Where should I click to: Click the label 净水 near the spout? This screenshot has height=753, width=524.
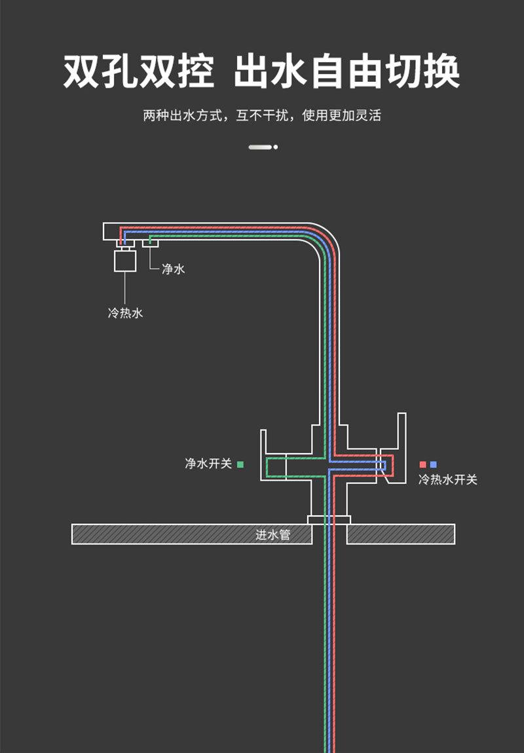[173, 269]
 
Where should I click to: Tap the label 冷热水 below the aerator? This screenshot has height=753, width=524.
[125, 313]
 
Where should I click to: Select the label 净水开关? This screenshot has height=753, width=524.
[208, 464]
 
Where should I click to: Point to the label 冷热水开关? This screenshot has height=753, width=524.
[448, 480]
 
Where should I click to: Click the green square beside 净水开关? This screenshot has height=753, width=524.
[240, 464]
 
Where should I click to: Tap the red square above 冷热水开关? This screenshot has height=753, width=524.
[422, 464]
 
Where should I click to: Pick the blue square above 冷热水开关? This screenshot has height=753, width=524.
[434, 464]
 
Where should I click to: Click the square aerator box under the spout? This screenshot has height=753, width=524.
[125, 260]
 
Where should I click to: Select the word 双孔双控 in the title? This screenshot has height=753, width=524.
[139, 72]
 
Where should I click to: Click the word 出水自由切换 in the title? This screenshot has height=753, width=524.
[346, 72]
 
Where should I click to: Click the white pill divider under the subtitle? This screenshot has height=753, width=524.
[260, 147]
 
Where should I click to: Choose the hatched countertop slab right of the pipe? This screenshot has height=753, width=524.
[401, 534]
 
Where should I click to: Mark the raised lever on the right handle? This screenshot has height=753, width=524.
[402, 432]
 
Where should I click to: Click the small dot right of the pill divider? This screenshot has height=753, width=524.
[276, 147]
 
